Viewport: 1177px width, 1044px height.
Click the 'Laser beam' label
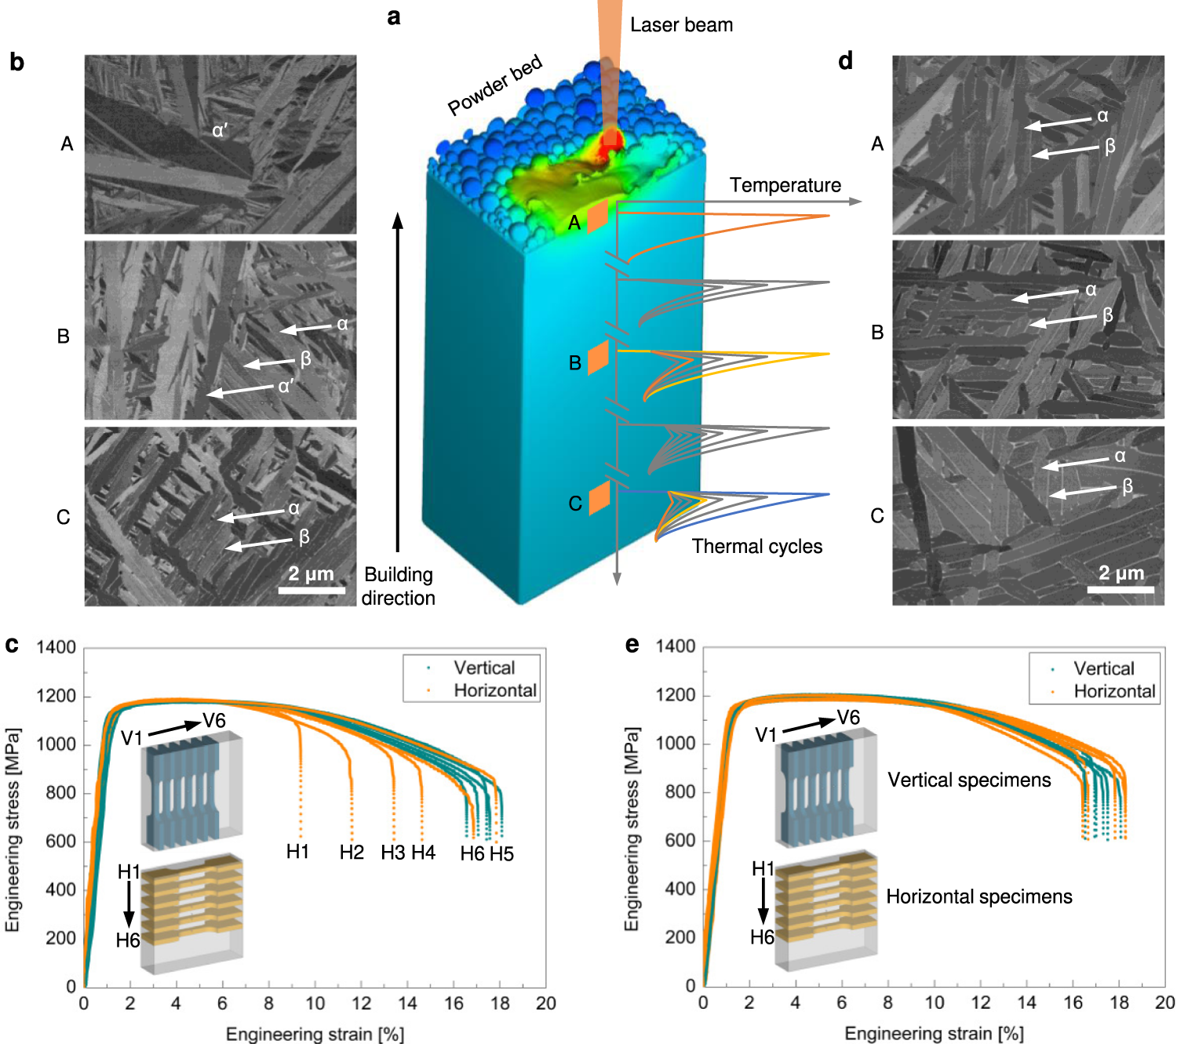pos(681,25)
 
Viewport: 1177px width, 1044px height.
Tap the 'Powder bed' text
pos(494,85)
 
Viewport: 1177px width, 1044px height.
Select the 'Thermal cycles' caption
pos(756,547)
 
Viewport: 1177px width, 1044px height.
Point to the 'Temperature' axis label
pos(785,185)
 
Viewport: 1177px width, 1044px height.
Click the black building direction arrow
pos(397,382)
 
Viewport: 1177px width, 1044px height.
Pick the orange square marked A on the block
pos(597,216)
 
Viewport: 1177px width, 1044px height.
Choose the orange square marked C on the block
pos(599,498)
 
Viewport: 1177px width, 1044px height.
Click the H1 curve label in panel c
pos(297,852)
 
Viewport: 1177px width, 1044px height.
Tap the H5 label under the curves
pos(501,854)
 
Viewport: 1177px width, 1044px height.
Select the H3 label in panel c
pos(392,853)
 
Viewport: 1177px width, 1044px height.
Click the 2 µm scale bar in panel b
pos(312,590)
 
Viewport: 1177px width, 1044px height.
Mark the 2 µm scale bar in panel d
pos(1121,589)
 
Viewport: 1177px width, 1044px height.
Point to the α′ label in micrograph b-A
pos(220,131)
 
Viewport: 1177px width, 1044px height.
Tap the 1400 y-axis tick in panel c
pos(56,647)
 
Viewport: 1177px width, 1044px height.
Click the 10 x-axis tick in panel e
pos(935,1002)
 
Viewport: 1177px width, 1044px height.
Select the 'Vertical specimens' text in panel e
pos(969,780)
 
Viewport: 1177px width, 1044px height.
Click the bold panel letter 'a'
pos(394,16)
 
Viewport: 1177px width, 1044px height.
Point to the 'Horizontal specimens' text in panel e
pos(979,897)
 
